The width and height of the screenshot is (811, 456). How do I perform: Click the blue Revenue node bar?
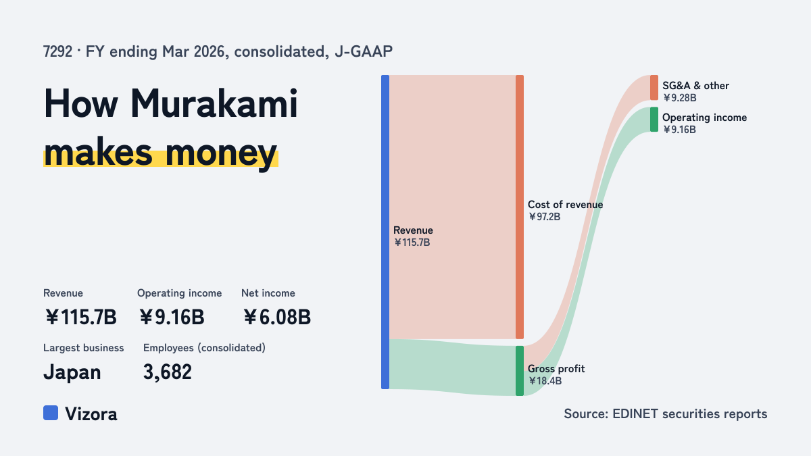(x=385, y=232)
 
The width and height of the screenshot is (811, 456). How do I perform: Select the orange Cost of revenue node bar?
(x=520, y=207)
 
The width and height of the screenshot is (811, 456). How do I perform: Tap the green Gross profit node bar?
(x=520, y=371)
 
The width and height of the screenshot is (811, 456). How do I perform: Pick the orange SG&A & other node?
(x=654, y=88)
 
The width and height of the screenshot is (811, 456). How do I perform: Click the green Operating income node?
(x=654, y=120)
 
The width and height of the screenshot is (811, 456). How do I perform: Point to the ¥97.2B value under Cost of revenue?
(x=544, y=217)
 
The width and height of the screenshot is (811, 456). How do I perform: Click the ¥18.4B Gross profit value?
(x=545, y=381)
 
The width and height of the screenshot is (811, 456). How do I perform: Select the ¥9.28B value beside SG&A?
(x=680, y=98)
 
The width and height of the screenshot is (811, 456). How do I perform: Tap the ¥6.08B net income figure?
(x=277, y=318)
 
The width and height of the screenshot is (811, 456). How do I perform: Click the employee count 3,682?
(x=168, y=372)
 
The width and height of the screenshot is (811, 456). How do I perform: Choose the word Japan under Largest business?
(x=72, y=373)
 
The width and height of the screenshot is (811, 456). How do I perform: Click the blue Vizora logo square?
(x=51, y=413)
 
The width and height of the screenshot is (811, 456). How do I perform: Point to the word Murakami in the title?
(x=214, y=104)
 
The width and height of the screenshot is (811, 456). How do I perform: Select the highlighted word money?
(x=221, y=154)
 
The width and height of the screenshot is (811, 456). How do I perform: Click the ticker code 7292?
(x=57, y=51)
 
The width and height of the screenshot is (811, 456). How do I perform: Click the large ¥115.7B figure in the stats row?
(x=80, y=318)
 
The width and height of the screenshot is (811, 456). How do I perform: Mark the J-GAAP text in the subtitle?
(x=364, y=51)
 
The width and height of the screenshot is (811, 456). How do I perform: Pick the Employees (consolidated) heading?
(x=204, y=348)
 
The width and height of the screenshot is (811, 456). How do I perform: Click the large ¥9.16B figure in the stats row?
(x=172, y=318)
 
